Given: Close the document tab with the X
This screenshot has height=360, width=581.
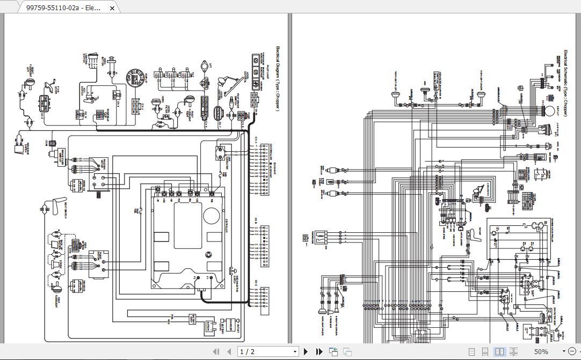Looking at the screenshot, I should [112, 8].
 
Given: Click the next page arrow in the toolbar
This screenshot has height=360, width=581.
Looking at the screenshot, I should [306, 351].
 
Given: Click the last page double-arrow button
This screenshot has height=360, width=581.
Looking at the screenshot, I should [319, 351].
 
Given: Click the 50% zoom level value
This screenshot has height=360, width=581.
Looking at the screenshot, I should [541, 351].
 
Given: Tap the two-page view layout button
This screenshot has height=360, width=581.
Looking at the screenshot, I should [499, 351].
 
